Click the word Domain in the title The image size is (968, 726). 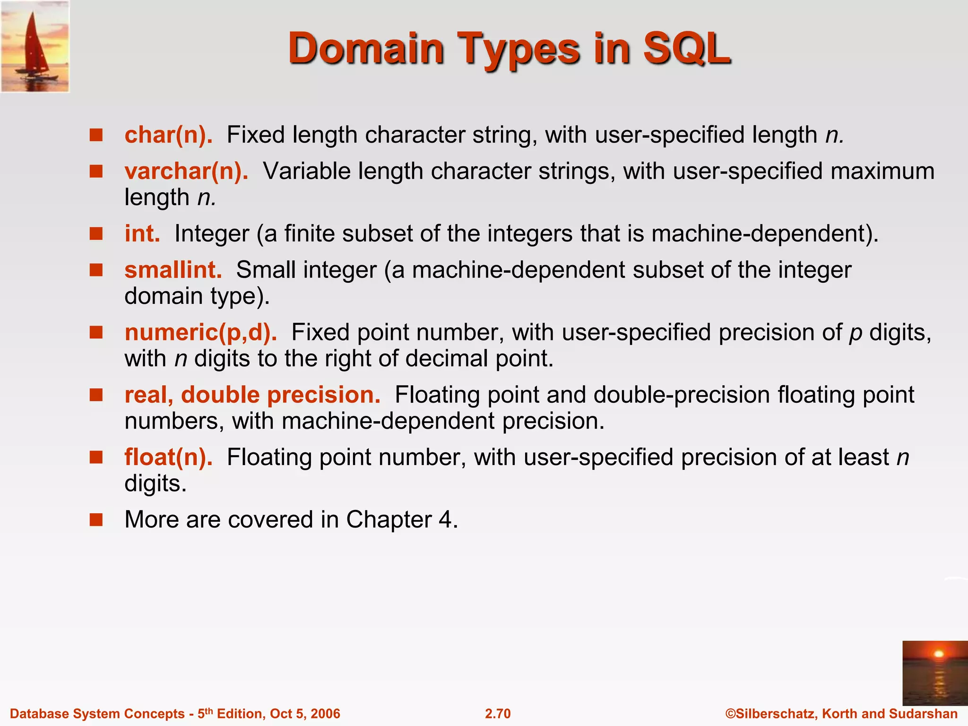coord(366,49)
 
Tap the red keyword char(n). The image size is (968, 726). coord(168,135)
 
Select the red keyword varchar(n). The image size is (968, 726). coord(186,171)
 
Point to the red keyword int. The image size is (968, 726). coord(142,233)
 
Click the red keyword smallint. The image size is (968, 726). coord(173,270)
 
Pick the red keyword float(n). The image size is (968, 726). coord(168,457)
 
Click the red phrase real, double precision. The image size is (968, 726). coord(252,395)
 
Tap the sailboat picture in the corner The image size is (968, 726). coord(35,46)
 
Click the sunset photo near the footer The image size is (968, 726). coord(934,673)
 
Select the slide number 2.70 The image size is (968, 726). coord(498,714)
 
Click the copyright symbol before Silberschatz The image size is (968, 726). coord(731,714)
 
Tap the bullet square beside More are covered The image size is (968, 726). coord(96,520)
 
